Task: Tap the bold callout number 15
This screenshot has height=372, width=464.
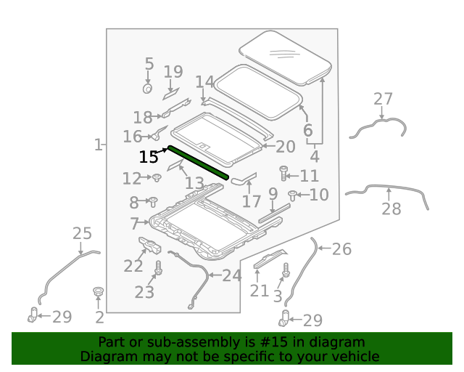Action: (x=149, y=157)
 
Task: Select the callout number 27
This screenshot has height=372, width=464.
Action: (x=383, y=100)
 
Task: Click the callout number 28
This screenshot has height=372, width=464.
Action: (x=391, y=210)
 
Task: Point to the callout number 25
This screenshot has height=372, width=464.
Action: (x=82, y=233)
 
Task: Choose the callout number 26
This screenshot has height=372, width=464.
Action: (x=341, y=249)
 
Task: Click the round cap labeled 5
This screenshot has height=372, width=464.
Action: (x=147, y=89)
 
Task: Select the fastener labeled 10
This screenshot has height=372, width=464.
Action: (x=293, y=195)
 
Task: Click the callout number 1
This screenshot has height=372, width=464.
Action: (x=98, y=145)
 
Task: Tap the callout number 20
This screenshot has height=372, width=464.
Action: (x=285, y=147)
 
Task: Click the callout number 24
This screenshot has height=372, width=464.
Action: (x=231, y=275)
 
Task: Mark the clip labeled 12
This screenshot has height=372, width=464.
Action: (x=155, y=178)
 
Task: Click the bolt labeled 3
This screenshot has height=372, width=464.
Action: (x=286, y=271)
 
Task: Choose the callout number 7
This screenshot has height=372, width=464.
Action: (x=135, y=223)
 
